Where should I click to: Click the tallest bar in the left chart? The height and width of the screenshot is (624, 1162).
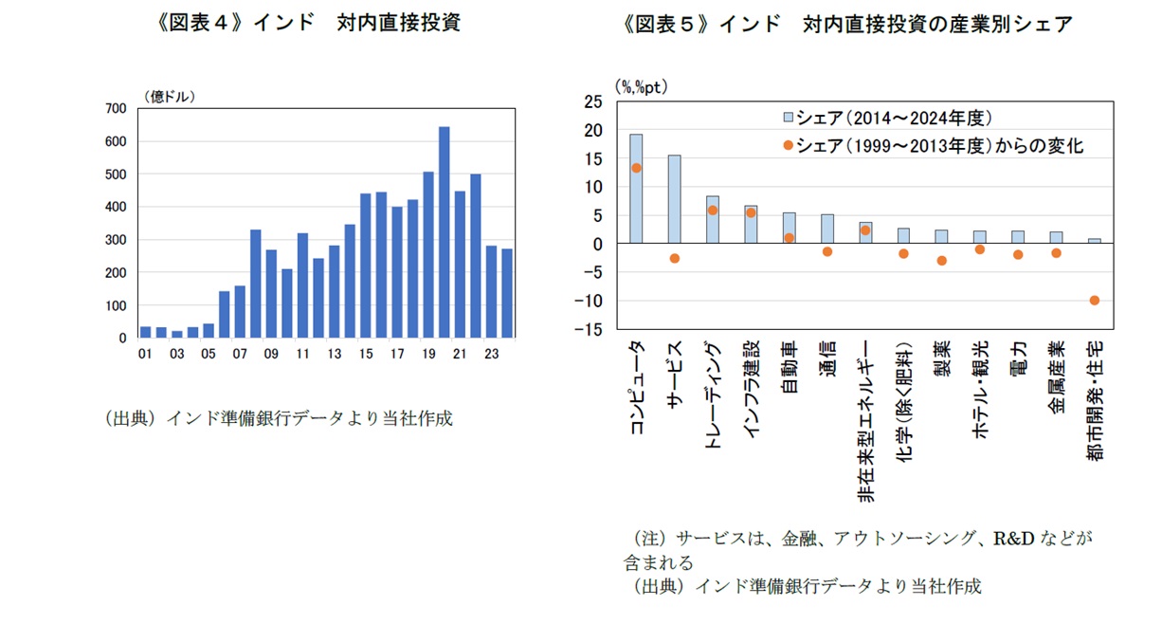click(444, 231)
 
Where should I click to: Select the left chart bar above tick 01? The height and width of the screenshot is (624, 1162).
click(145, 332)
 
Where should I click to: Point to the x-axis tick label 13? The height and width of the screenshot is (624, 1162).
click(334, 355)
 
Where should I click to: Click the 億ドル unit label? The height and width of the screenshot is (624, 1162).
click(170, 96)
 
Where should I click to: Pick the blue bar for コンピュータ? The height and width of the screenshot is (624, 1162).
click(636, 188)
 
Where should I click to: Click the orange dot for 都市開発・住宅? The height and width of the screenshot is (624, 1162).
click(1094, 301)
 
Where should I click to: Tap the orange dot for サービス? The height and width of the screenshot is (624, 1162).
click(675, 259)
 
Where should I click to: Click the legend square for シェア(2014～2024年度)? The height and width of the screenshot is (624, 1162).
click(787, 119)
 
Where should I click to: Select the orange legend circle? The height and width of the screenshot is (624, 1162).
click(787, 146)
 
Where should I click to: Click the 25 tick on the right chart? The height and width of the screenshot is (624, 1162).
click(593, 101)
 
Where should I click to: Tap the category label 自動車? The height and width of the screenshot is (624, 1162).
click(789, 365)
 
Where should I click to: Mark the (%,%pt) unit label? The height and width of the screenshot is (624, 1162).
click(642, 86)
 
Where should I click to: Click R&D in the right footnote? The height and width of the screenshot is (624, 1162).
click(1012, 539)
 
